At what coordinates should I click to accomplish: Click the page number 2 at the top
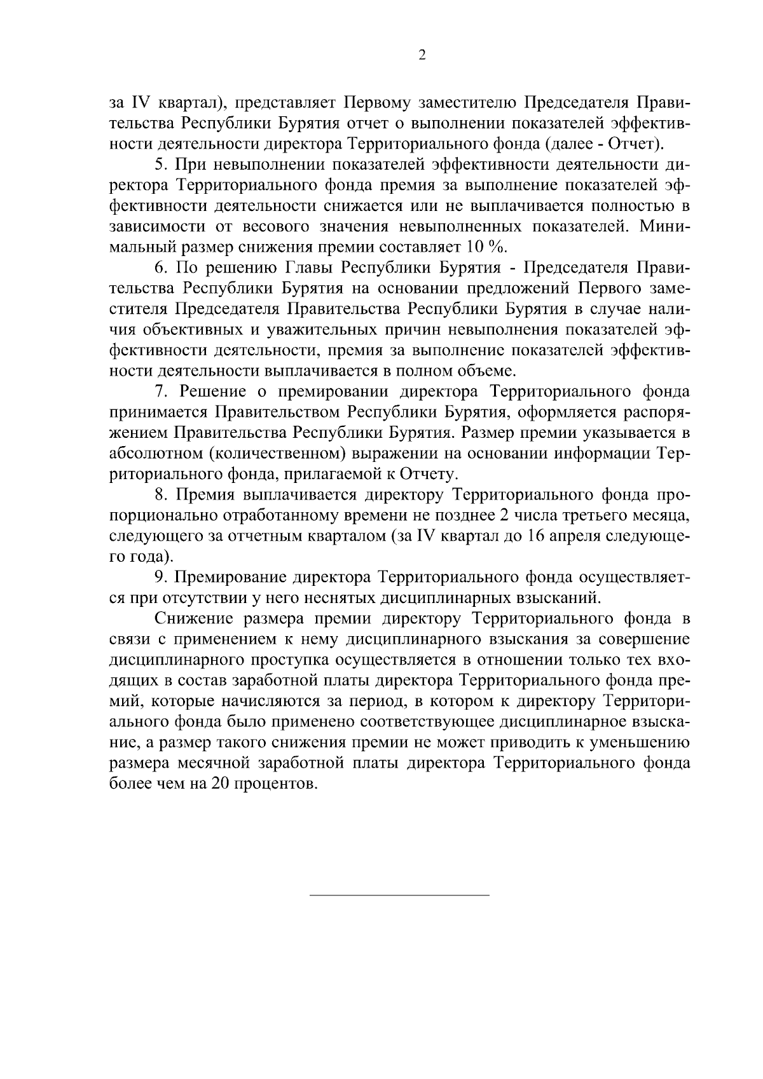pos(422,55)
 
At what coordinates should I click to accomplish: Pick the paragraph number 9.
pos(160,577)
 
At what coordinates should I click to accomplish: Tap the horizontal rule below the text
pos(399,895)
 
